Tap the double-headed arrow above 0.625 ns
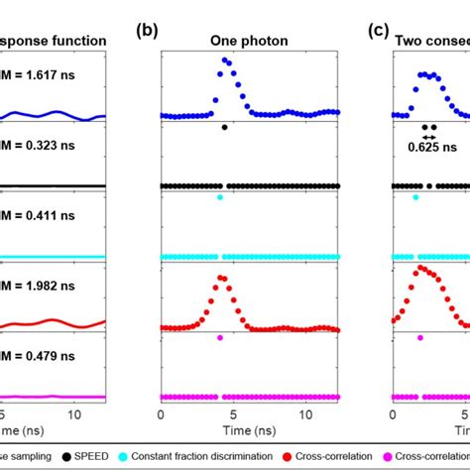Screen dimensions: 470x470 (428, 137)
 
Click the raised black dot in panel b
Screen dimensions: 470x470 (226, 127)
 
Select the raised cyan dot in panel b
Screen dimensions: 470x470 (220, 197)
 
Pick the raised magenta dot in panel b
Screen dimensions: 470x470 (220, 338)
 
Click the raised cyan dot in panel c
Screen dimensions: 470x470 (415, 197)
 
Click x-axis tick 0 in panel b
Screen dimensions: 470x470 (162, 415)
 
